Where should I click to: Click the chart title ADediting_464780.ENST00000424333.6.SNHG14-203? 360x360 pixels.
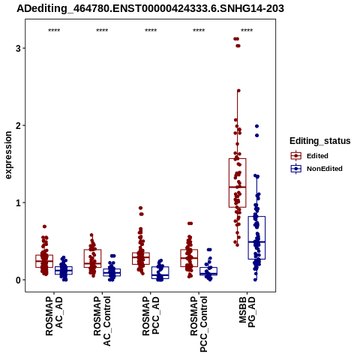point(150,9)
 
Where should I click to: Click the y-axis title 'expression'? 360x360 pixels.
point(8,155)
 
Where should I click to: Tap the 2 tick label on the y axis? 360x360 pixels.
point(18,125)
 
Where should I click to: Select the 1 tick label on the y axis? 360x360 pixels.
point(18,202)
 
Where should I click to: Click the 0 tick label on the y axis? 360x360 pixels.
point(18,280)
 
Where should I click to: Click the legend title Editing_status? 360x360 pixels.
point(320,141)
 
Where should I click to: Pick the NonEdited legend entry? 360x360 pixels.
point(316,169)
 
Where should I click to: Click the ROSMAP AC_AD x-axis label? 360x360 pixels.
point(54,316)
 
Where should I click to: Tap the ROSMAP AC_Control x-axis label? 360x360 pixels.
point(102,321)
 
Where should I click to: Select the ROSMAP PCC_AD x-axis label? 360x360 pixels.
point(151,316)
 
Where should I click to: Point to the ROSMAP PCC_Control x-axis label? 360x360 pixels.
point(199,324)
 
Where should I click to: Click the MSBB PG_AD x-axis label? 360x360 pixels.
point(247,312)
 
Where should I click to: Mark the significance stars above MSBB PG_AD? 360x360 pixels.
point(247,31)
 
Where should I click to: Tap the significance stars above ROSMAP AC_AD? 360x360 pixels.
point(54,31)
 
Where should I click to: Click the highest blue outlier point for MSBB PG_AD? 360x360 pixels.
point(256,126)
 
